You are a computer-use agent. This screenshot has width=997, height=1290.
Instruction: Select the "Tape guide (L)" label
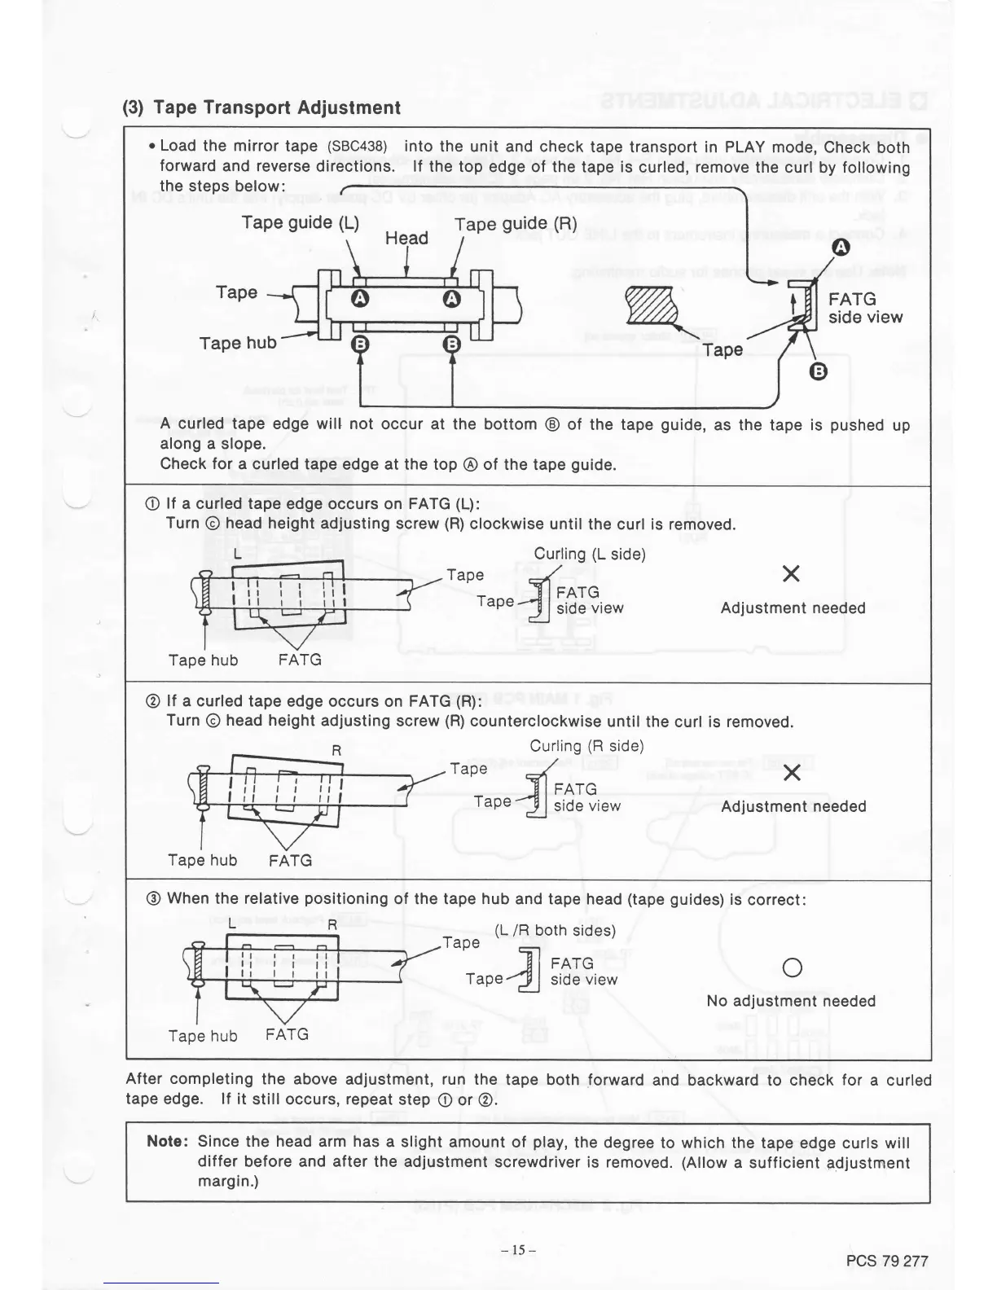pos(300,223)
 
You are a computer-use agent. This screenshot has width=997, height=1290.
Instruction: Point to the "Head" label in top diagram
pos(406,238)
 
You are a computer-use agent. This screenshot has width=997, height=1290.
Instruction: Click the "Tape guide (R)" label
pos(515,224)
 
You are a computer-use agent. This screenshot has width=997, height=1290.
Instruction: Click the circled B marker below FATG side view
pos(819,372)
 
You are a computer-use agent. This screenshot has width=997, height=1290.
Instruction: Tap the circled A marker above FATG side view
pos(840,248)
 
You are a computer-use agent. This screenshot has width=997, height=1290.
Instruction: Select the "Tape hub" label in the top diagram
pos(238,343)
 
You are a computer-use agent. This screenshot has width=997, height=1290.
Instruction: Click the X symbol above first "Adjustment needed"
pos(790,575)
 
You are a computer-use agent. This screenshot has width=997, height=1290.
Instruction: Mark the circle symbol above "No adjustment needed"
pos(791,968)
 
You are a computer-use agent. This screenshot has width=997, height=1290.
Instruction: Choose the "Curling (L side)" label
pos(590,555)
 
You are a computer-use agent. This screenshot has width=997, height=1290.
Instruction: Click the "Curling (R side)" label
pos(586,747)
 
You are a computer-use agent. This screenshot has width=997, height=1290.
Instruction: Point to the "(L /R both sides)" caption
pos(555,930)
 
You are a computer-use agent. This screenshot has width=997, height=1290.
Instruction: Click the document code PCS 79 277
pos(887,1261)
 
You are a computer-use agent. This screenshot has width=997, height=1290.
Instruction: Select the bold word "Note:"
pos(168,1142)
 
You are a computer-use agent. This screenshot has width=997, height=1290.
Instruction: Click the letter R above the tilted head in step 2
pos(336,749)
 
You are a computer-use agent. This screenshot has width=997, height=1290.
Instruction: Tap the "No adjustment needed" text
pos(791,1001)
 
